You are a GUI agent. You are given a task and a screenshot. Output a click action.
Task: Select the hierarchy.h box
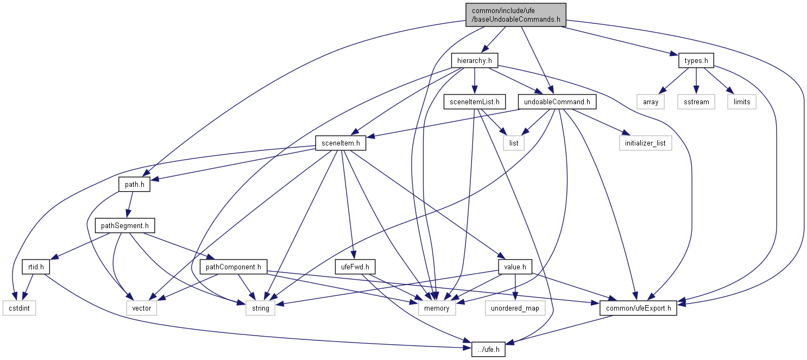pyautogui.click(x=475, y=61)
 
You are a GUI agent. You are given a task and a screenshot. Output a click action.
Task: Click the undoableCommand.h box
pyautogui.click(x=557, y=102)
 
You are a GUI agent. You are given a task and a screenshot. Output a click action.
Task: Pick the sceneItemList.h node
pyautogui.click(x=475, y=102)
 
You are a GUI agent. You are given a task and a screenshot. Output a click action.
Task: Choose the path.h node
pyautogui.click(x=134, y=185)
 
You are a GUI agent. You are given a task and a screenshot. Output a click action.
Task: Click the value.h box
pyautogui.click(x=514, y=267)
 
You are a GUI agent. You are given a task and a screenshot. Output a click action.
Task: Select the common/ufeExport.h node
pyautogui.click(x=638, y=308)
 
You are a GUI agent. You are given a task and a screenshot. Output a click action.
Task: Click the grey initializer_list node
pyautogui.click(x=645, y=143)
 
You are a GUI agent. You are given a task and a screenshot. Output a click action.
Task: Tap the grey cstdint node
pyautogui.click(x=18, y=308)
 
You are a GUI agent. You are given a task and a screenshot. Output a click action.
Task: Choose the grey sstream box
pyautogui.click(x=696, y=102)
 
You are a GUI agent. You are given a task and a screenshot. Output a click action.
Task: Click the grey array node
pyautogui.click(x=651, y=102)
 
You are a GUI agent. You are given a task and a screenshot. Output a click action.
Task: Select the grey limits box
pyautogui.click(x=742, y=102)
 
